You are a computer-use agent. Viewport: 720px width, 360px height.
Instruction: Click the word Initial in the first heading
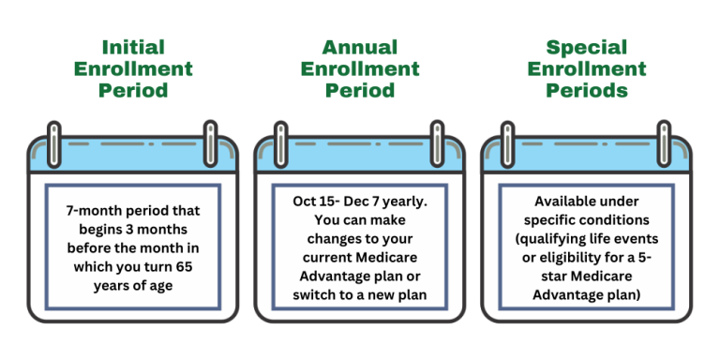coord(133,47)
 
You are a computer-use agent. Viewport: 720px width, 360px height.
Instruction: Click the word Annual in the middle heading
coord(360,47)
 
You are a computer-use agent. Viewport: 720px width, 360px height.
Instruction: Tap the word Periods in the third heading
coord(587,91)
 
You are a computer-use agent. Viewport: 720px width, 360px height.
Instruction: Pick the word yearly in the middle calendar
coord(404,202)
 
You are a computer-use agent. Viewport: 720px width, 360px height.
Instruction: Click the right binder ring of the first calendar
coord(211,138)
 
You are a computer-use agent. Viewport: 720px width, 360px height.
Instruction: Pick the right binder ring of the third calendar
coord(664,138)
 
